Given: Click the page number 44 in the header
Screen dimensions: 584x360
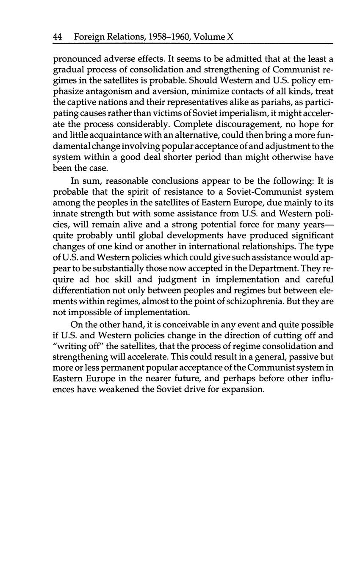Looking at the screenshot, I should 58,37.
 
